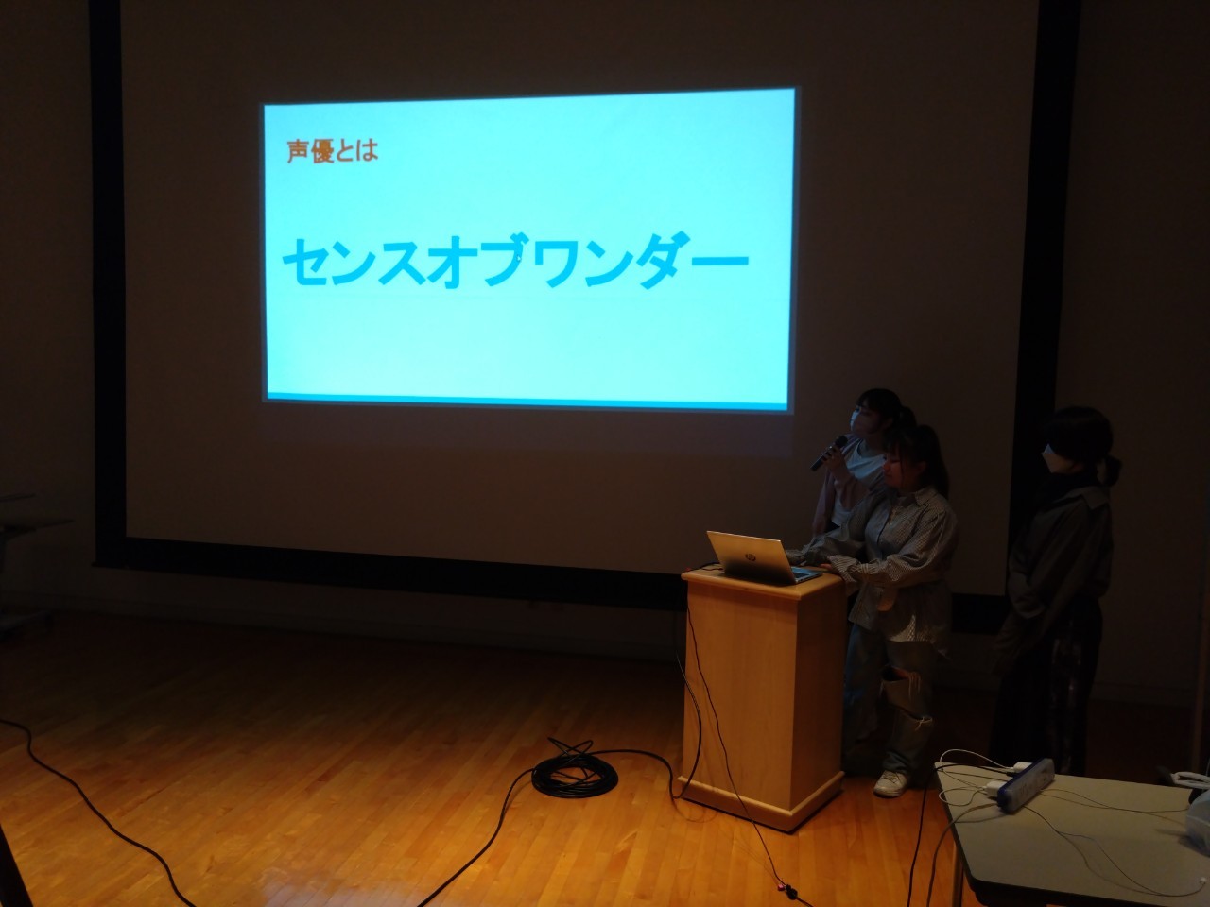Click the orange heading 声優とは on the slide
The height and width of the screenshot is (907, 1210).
point(333,151)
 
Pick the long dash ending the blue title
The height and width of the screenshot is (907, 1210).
point(720,261)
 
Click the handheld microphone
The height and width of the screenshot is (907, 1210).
point(828,453)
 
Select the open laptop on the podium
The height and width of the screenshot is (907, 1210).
point(764,557)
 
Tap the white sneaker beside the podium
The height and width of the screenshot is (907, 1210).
point(890,783)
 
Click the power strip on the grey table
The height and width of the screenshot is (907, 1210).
point(1026,784)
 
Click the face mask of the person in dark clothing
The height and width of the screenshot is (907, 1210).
point(1052,460)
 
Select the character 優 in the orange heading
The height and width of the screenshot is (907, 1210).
point(322,152)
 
